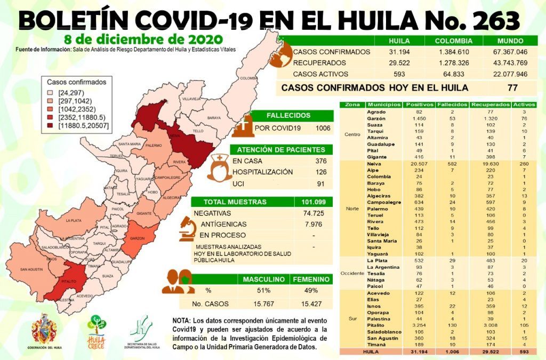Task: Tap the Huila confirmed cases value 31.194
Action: coord(399,52)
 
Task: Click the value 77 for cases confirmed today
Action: coord(512,87)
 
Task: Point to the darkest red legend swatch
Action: coord(51,126)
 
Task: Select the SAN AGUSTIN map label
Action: coord(31,269)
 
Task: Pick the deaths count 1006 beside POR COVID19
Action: coord(322,128)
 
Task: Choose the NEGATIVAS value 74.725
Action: coord(313,213)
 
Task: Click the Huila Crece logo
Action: coord(96,330)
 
